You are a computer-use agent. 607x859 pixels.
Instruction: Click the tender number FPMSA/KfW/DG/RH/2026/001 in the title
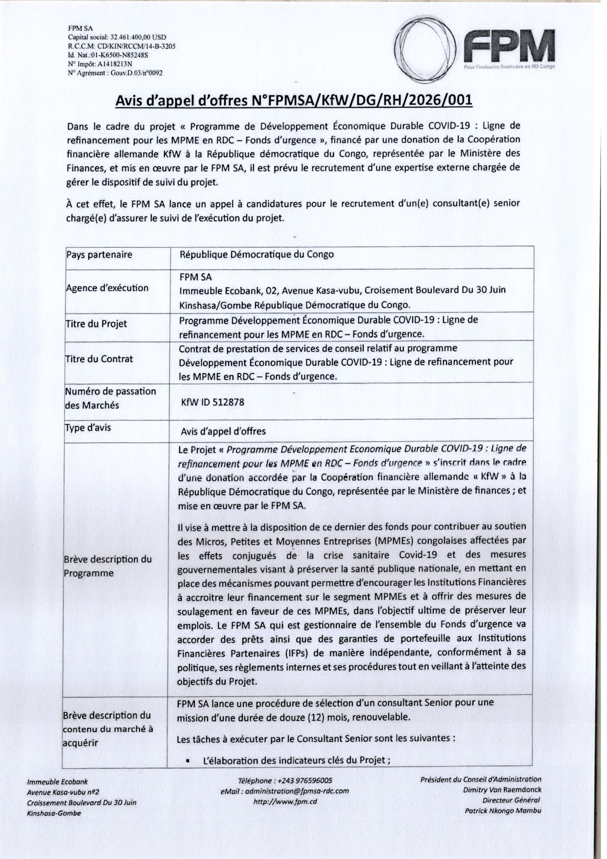point(362,100)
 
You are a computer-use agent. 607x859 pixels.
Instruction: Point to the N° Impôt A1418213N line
point(100,64)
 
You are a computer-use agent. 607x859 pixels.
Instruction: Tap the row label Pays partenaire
point(99,255)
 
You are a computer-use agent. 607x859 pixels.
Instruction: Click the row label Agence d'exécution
point(107,288)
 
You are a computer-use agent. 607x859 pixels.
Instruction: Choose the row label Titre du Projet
point(96,324)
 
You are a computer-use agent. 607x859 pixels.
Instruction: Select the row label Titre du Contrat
point(99,359)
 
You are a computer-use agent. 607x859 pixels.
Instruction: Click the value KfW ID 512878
point(212,403)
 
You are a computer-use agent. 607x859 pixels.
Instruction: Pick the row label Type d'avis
point(89,428)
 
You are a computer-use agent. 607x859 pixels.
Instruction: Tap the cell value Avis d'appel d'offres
point(223,431)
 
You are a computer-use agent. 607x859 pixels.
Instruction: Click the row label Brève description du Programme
point(108,566)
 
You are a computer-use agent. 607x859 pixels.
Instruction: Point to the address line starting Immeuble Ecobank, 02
point(342,290)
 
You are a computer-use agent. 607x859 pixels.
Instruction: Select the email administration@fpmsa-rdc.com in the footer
point(285,791)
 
